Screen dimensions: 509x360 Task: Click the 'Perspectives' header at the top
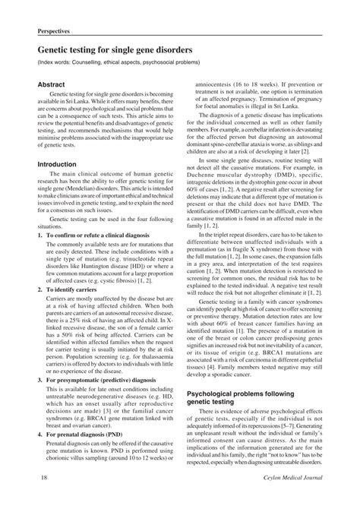tap(55, 33)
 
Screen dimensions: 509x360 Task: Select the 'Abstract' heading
tap(48, 84)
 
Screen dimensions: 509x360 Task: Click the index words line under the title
tap(121, 64)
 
